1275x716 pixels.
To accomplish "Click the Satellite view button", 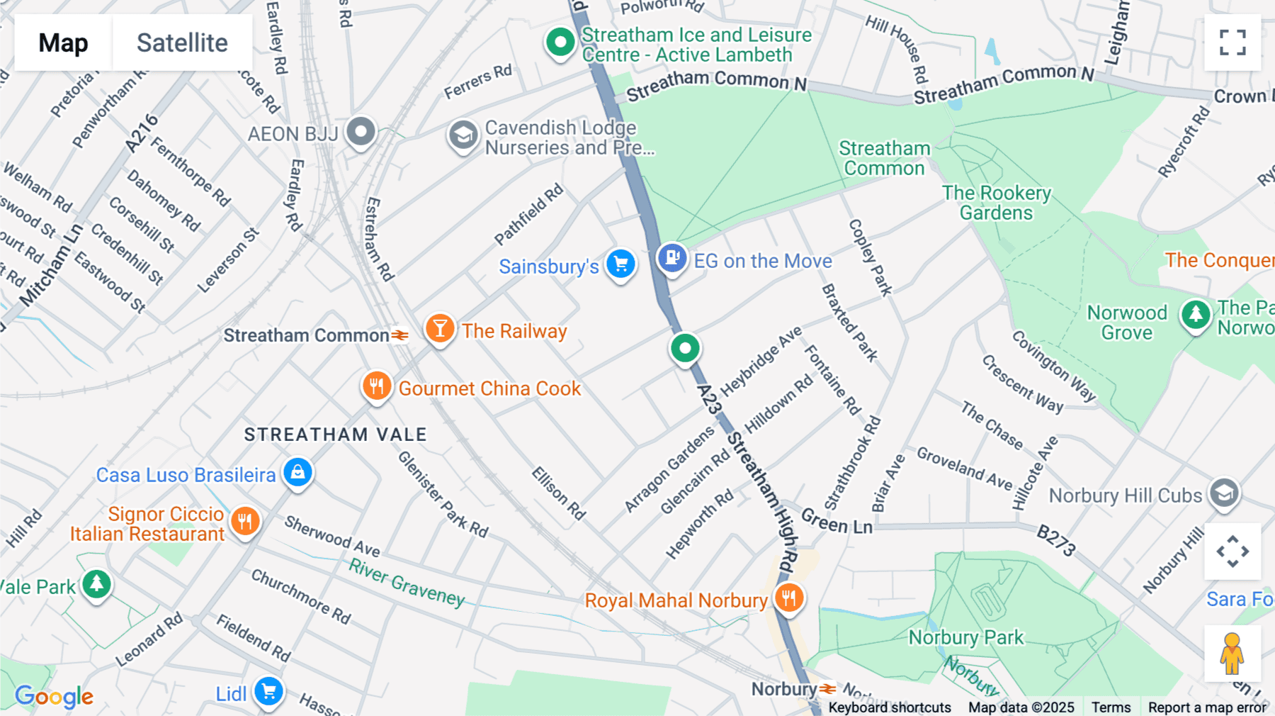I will (x=182, y=43).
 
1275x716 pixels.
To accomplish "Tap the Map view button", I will (x=63, y=43).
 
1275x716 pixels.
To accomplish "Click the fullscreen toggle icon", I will (x=1232, y=43).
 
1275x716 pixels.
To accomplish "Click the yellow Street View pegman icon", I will (x=1232, y=654).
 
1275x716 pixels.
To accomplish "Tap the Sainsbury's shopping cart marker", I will (x=621, y=264).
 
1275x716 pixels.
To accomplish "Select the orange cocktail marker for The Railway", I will (x=440, y=329).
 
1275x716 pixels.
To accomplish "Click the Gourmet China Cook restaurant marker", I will (x=377, y=386).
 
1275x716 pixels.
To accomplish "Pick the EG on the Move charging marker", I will (x=672, y=258).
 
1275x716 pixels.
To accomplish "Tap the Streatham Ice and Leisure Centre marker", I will (x=560, y=43).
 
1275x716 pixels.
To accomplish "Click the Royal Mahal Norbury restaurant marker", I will (x=788, y=598).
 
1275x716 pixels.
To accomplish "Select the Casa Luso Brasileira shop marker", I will (x=297, y=472).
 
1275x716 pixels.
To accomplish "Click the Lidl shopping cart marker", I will (x=269, y=691).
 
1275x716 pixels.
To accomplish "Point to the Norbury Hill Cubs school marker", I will (x=1224, y=493).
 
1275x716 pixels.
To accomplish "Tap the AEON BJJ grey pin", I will (x=361, y=132).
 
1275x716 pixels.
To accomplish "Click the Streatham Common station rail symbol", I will (x=400, y=335).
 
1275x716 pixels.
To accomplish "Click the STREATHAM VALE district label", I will (x=335, y=435).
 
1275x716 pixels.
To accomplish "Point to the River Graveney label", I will (x=407, y=583).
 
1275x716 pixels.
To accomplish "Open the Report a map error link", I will (x=1207, y=707).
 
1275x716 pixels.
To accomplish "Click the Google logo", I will (x=54, y=697).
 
